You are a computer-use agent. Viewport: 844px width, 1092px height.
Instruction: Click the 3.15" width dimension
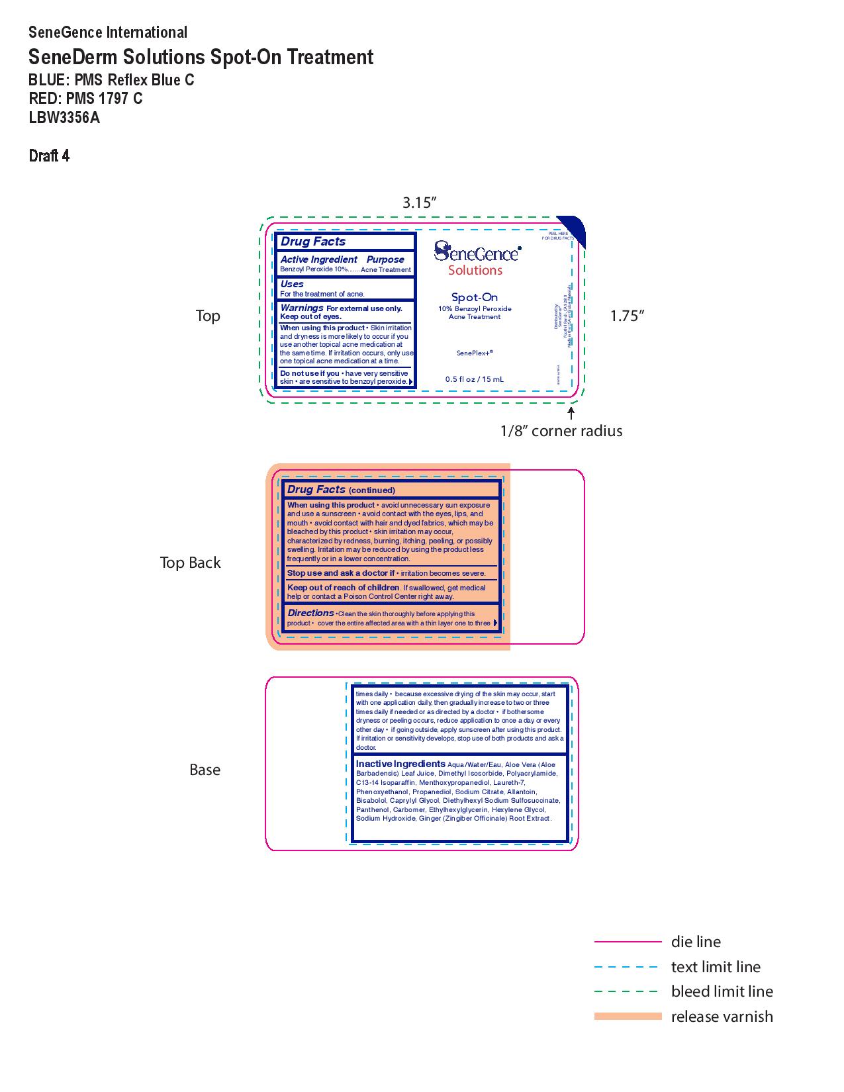coord(420,203)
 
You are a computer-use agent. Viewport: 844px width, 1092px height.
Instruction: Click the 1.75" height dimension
coord(626,316)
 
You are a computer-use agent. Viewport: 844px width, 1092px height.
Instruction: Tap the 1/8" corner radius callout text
coord(561,431)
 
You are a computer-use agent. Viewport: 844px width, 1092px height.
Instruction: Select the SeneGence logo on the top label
coord(477,251)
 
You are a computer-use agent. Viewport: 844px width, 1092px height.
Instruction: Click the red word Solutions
coord(475,270)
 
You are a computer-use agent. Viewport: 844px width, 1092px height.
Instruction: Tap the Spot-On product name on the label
coord(475,297)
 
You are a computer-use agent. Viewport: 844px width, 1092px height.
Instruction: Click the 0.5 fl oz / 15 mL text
coord(475,379)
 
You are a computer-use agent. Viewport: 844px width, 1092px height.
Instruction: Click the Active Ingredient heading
coord(319,259)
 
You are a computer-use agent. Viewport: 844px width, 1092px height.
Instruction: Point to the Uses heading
coord(292,284)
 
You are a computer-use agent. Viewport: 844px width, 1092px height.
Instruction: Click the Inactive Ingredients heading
coord(400,764)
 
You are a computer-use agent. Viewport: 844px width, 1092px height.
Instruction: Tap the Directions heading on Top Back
coord(310,613)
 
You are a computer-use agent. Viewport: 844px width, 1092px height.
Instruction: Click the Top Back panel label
coord(190,563)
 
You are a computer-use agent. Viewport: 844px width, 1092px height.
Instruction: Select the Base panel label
coord(205,770)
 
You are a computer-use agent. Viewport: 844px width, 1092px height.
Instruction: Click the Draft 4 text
coord(49,156)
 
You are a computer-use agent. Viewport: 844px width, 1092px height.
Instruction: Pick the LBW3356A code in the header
coord(64,118)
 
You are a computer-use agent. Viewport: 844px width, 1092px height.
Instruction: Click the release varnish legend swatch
coord(628,1016)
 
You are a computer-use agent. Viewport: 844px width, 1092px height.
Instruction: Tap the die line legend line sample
coord(628,941)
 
